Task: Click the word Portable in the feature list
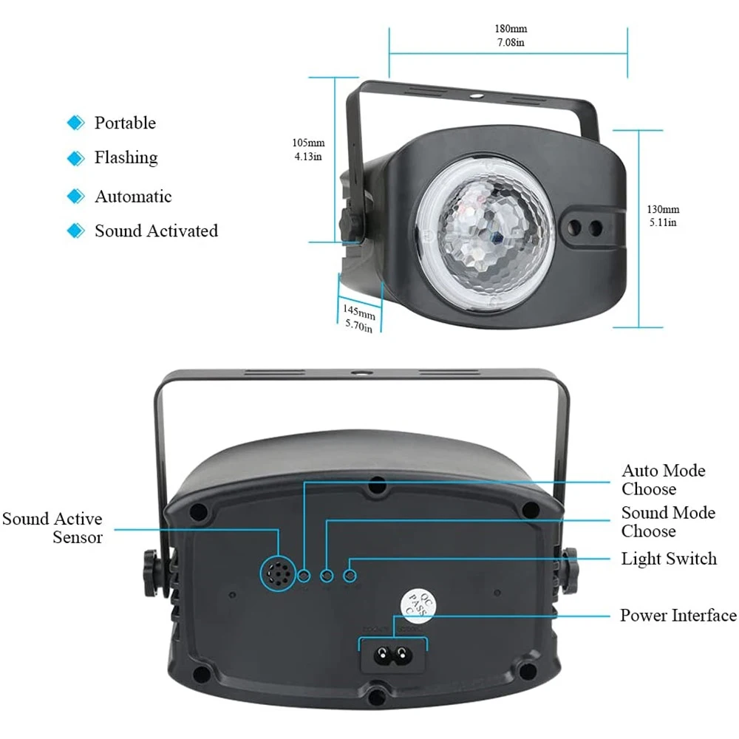click(x=125, y=123)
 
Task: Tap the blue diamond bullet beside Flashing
click(x=75, y=158)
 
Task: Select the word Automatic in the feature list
click(x=133, y=197)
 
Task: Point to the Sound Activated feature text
click(x=156, y=231)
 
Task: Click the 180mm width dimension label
click(x=511, y=30)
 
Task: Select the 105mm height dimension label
click(x=308, y=143)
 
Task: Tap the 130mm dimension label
click(x=663, y=210)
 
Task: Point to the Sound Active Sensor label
click(x=52, y=528)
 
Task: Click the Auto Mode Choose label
click(x=663, y=480)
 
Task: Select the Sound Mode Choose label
click(x=668, y=522)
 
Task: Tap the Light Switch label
click(x=669, y=559)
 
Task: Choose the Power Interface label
click(x=678, y=616)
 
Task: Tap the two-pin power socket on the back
click(x=393, y=654)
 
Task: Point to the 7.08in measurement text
click(x=511, y=43)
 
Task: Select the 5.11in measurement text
click(x=663, y=222)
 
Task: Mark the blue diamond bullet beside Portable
click(x=75, y=123)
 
